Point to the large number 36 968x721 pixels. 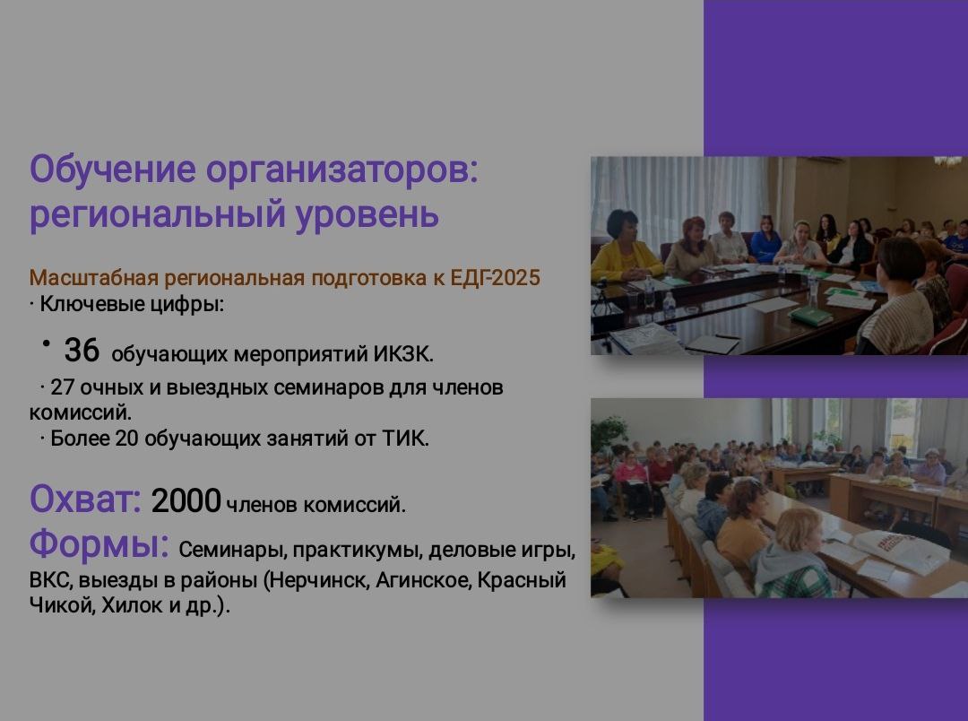[x=82, y=350]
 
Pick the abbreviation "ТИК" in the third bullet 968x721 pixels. [x=411, y=439]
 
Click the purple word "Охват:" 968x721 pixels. [x=85, y=499]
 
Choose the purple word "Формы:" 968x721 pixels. [x=99, y=543]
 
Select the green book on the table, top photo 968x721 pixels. [x=811, y=315]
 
